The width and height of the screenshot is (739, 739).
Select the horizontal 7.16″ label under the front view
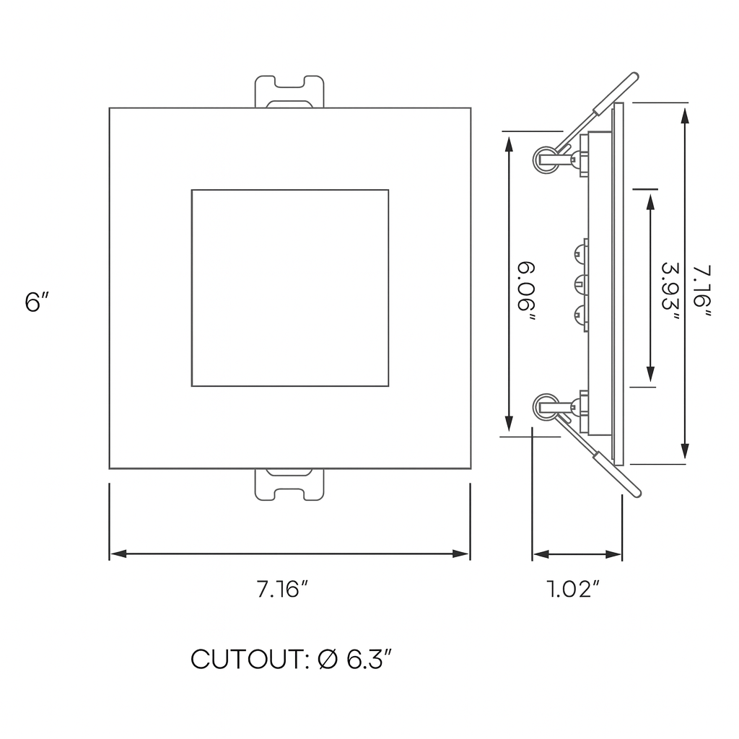tap(282, 590)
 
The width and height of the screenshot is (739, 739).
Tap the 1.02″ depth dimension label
tap(574, 590)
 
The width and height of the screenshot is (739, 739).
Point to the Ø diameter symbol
tap(327, 659)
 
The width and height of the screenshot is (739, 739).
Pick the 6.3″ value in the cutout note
tap(369, 659)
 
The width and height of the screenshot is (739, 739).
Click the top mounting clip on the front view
tap(290, 92)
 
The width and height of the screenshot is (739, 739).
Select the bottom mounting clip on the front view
tap(290, 485)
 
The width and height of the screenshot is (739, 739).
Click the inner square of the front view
tap(290, 288)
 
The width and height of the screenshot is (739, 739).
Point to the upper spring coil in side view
tap(546, 159)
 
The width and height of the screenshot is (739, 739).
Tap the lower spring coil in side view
tap(546, 407)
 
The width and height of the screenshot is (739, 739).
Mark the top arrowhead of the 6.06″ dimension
tap(510, 142)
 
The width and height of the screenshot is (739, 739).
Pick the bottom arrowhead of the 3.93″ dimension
tap(650, 374)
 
